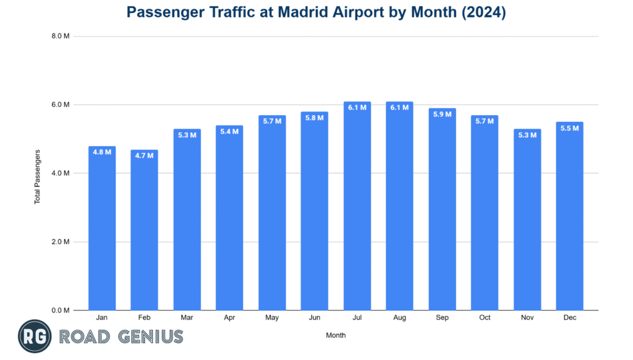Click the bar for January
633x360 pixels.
tap(102, 229)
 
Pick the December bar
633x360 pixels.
tap(569, 216)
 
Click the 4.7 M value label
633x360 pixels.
tap(145, 155)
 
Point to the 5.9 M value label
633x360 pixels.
tap(442, 114)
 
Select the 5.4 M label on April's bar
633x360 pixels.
tap(229, 131)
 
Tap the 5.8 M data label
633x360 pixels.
tap(315, 118)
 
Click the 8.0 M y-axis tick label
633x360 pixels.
tap(61, 36)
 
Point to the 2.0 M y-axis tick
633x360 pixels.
tap(61, 242)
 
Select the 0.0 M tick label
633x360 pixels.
tap(61, 311)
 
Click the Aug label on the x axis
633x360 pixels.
tap(399, 317)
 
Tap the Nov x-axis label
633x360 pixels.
tap(527, 317)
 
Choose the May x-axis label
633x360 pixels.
tap(272, 317)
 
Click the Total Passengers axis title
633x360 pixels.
tap(38, 176)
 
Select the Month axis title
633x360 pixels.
tap(336, 335)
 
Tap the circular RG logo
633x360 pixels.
tap(34, 336)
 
